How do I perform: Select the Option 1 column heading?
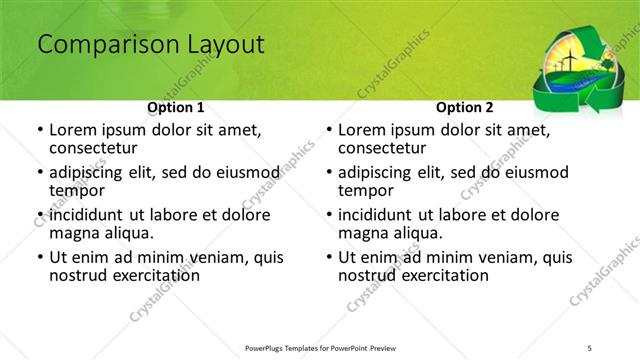(x=176, y=107)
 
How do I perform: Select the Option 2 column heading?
(x=465, y=107)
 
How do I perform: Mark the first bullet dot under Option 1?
(x=39, y=131)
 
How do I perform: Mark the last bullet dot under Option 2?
(x=328, y=257)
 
